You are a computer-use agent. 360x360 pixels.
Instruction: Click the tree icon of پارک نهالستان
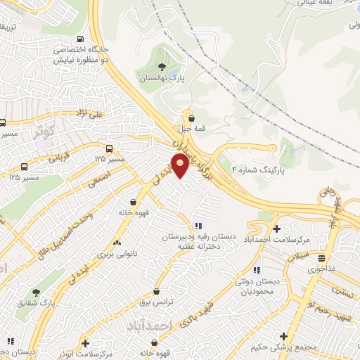[162, 68]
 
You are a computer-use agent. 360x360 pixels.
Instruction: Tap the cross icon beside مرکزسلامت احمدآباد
[277, 229]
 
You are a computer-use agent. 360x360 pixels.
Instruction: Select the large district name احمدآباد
[170, 326]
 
